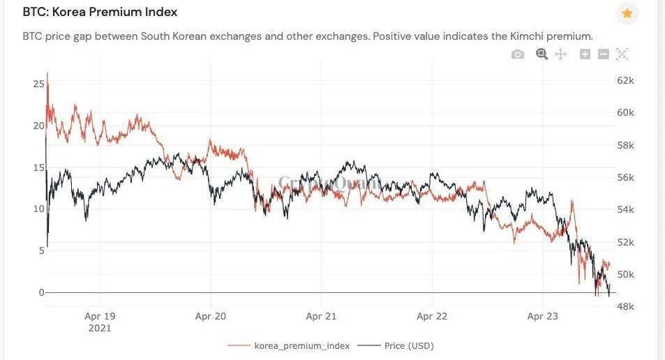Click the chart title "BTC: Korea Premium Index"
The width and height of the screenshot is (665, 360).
pyautogui.click(x=100, y=12)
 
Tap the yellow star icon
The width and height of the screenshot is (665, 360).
pyautogui.click(x=627, y=13)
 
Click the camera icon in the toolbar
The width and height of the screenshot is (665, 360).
pyautogui.click(x=517, y=54)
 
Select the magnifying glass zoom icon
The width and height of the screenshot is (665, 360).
pyautogui.click(x=541, y=54)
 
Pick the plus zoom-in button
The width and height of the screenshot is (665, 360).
pyautogui.click(x=585, y=54)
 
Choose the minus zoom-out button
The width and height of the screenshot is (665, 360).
pyautogui.click(x=604, y=54)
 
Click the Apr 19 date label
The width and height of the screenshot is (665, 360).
pyautogui.click(x=100, y=316)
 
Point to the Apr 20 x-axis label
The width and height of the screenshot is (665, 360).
pyautogui.click(x=211, y=316)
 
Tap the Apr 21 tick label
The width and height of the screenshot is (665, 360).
pyautogui.click(x=321, y=316)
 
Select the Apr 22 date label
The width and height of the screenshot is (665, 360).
pyautogui.click(x=432, y=316)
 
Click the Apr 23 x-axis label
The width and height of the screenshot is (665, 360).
pyautogui.click(x=542, y=316)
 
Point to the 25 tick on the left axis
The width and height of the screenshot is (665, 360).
pyautogui.click(x=38, y=84)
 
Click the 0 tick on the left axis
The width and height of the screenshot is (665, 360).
pyautogui.click(x=40, y=293)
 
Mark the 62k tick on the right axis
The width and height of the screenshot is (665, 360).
pyautogui.click(x=625, y=81)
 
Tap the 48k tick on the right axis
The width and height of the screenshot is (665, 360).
pyautogui.click(x=625, y=306)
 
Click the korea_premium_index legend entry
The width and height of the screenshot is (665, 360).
pyautogui.click(x=301, y=345)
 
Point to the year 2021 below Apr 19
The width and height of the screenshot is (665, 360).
pyautogui.click(x=100, y=327)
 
